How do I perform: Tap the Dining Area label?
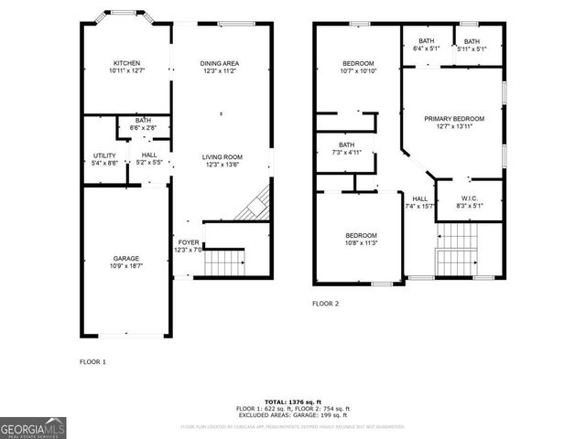coord(220,67)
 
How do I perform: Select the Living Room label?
coord(222,161)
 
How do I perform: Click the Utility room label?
coord(104,159)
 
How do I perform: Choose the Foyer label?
coord(187,247)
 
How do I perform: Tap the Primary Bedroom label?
coord(454,123)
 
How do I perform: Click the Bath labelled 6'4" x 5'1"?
coord(427,45)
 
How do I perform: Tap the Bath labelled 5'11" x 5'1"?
coord(471,45)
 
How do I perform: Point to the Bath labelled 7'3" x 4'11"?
coord(346,148)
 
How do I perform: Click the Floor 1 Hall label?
coord(149,159)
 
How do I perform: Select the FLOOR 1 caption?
coord(92,362)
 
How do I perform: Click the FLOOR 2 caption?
coord(325,303)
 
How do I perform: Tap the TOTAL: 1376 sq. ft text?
coord(293,402)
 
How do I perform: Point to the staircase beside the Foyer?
coord(225,263)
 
